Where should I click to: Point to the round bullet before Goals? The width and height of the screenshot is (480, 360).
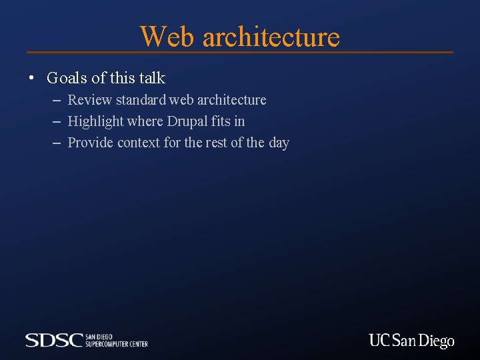point(31,79)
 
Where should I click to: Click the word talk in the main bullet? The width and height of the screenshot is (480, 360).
point(152,78)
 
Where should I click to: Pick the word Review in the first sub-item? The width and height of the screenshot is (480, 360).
point(90,100)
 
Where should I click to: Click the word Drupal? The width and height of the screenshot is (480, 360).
point(187,121)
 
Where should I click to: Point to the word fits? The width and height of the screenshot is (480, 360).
point(221,121)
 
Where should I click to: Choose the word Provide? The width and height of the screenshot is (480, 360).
point(91,143)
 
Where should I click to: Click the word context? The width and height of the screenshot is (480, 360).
point(139,143)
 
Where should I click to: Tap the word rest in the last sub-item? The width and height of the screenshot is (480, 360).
point(215,143)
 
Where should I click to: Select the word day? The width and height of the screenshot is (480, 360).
point(279,143)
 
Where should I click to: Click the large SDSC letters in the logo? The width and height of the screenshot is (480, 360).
point(54,340)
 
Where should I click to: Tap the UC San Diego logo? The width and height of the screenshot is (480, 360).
point(411,341)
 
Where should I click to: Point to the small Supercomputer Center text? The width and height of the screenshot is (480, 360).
point(117,343)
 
